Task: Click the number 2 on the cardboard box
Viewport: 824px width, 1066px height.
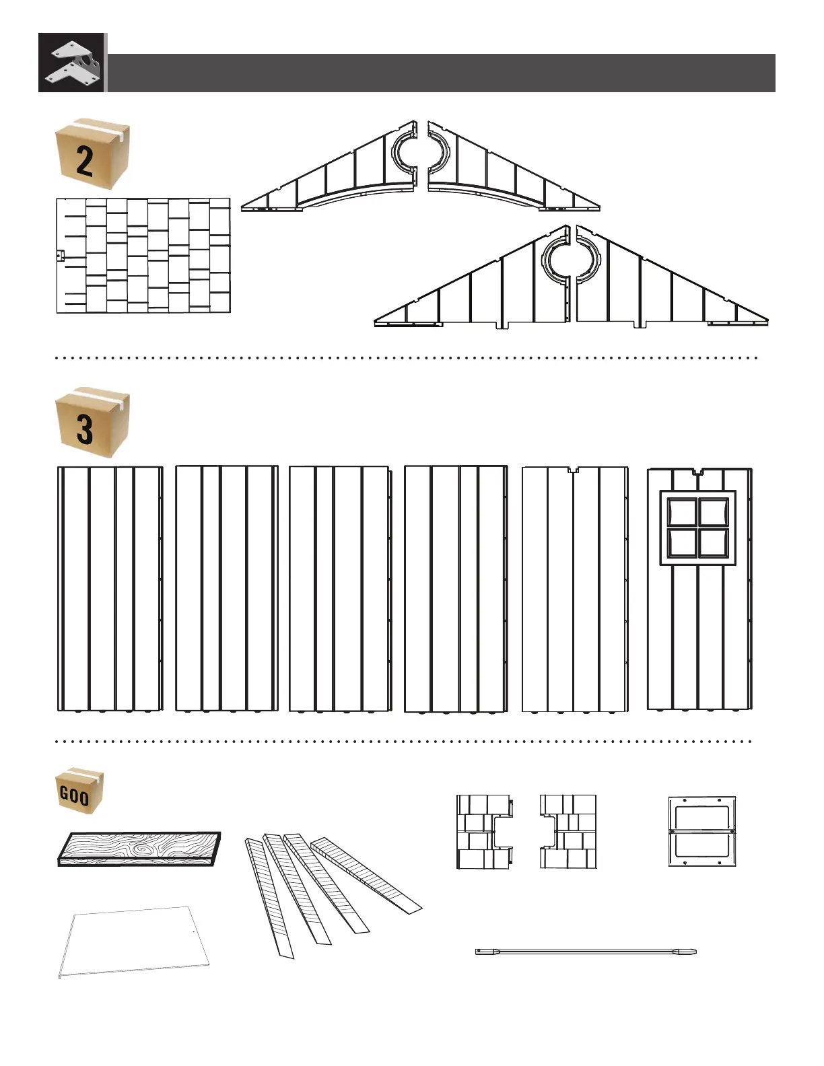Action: pos(85,162)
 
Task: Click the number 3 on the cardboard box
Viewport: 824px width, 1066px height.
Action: pos(85,429)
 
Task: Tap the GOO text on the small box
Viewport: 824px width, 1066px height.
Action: pos(74,796)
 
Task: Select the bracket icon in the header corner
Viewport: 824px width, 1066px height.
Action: pos(72,63)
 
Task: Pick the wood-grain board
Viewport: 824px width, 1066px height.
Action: pos(139,848)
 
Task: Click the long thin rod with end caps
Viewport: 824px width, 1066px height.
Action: pos(586,952)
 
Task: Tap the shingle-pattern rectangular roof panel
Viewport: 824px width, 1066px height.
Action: pos(143,256)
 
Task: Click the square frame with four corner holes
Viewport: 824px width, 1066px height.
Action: pos(702,831)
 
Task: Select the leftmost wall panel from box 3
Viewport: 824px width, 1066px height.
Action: pos(110,588)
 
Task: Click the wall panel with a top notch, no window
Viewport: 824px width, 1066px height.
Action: pos(574,588)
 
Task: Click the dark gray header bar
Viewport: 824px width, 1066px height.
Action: pos(441,73)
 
